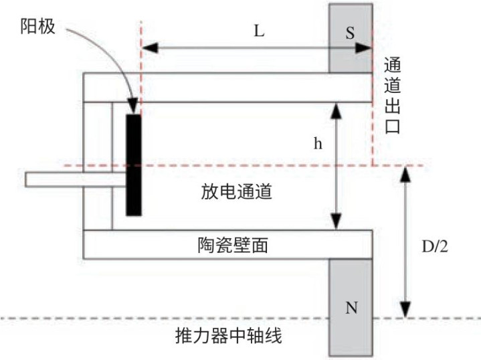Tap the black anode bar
click(134, 165)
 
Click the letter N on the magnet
click(351, 309)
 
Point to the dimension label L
click(260, 31)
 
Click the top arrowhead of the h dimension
click(336, 107)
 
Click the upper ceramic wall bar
click(227, 86)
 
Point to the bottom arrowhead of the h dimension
click(336, 224)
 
